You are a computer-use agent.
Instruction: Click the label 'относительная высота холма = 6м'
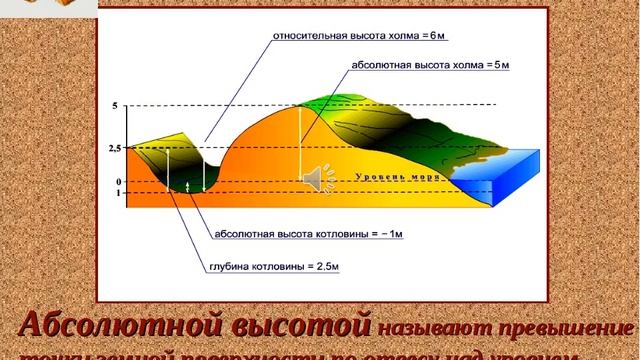359,36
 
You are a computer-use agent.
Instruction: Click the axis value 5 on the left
115,105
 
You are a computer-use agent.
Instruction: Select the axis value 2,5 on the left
115,148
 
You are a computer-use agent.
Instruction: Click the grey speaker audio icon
312,178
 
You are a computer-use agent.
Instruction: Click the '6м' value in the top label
438,36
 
